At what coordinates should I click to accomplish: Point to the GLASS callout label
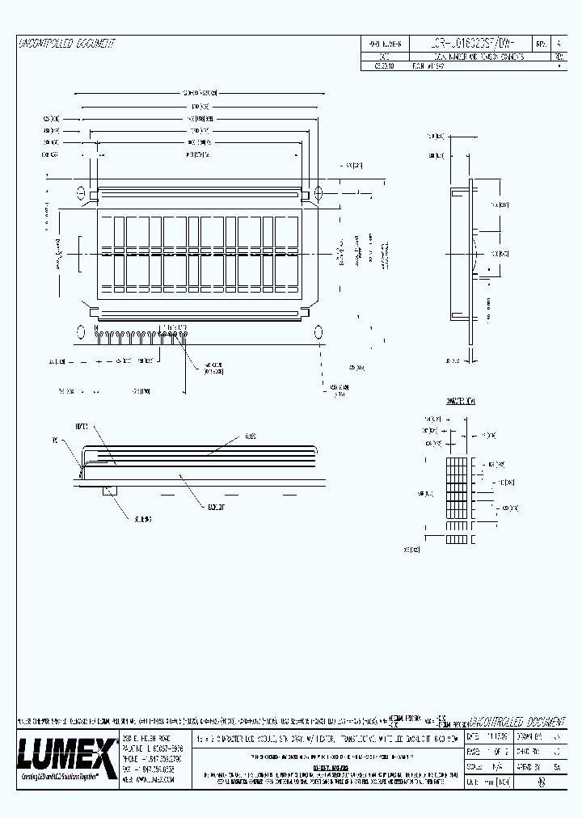click(x=251, y=436)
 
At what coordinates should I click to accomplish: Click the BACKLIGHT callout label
click(x=216, y=508)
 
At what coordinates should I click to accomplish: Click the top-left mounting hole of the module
click(x=81, y=193)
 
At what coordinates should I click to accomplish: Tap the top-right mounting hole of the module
click(x=318, y=193)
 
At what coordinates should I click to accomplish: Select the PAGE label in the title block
click(x=473, y=752)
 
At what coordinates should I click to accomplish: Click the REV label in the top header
click(x=540, y=44)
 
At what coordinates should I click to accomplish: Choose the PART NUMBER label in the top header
click(x=386, y=44)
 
